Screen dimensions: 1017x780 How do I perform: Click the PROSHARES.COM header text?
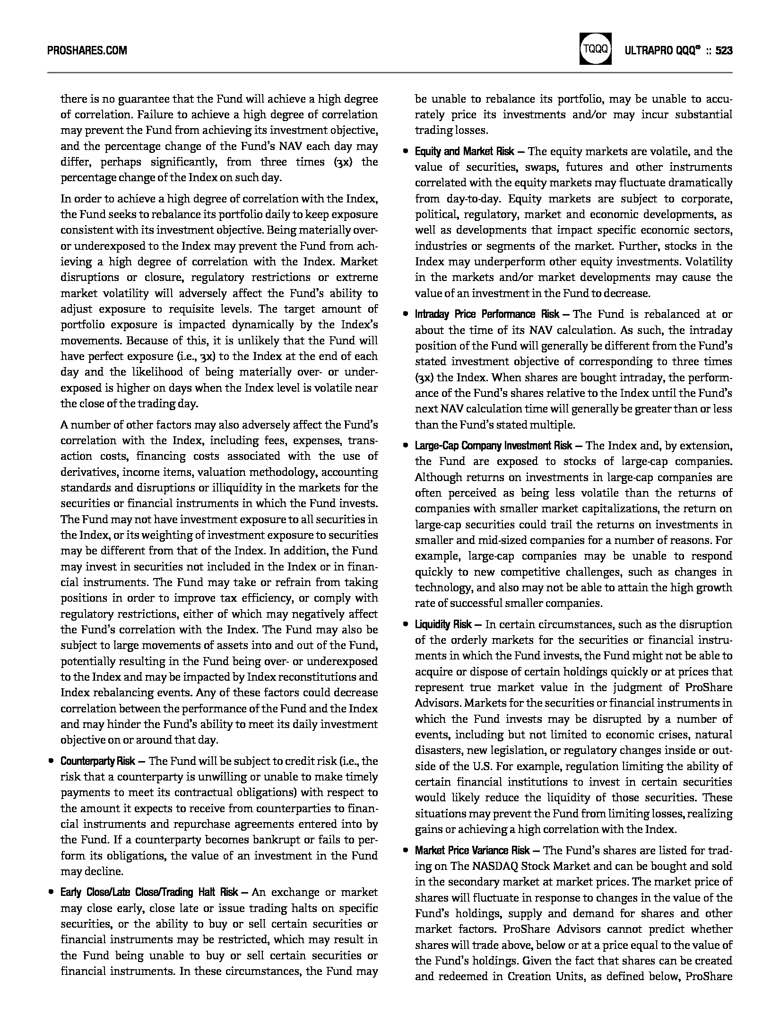(87, 50)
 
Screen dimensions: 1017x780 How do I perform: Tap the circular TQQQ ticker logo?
(595, 49)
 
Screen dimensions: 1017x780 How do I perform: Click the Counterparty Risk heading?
(98, 761)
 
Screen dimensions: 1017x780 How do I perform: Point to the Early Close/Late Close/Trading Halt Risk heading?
(149, 892)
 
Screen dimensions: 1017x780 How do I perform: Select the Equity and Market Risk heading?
(464, 151)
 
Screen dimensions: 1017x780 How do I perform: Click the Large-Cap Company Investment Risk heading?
(494, 446)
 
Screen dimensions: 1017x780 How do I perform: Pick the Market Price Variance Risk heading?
(472, 850)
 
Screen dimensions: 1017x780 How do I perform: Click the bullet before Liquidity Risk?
(406, 624)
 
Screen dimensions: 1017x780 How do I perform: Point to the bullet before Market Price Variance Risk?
(406, 850)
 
